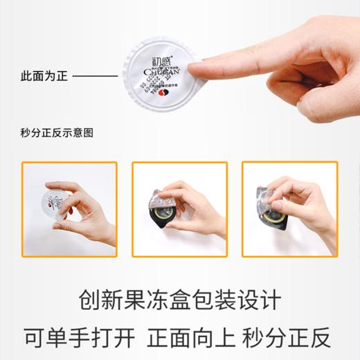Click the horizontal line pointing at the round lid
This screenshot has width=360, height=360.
click(95, 76)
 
